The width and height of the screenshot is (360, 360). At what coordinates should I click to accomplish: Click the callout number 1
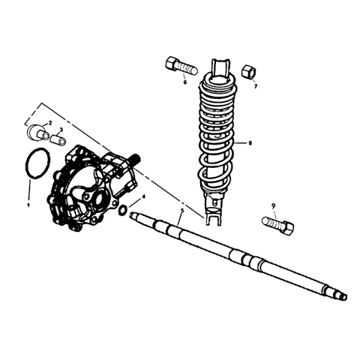pos(28,205)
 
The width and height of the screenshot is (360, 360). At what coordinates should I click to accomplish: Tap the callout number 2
pos(50,123)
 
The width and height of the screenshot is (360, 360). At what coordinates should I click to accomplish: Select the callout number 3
pos(61,129)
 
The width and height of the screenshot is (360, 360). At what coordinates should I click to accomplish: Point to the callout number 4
pos(143,196)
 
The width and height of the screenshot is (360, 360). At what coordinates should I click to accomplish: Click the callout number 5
pos(182,211)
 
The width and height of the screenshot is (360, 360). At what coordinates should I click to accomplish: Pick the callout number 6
pos(185,82)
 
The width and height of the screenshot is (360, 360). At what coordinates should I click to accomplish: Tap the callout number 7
pos(256,86)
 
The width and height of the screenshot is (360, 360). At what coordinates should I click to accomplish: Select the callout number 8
pos(250,143)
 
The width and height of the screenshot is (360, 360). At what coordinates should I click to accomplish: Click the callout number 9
pos(273,206)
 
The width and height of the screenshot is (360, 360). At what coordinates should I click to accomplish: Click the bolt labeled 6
pos(181,65)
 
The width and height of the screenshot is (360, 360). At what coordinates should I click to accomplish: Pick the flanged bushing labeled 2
pos(37,132)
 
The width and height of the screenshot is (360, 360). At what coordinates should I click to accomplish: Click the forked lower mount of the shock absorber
pos(212,215)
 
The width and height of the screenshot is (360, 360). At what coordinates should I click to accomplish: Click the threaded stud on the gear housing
pos(136,158)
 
